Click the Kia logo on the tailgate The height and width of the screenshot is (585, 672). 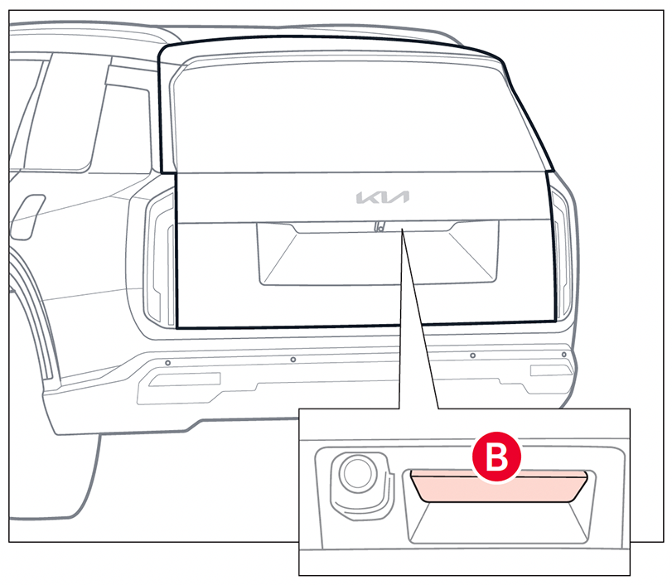(x=383, y=197)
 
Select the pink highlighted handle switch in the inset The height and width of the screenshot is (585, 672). (x=500, y=487)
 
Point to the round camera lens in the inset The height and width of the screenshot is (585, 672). (x=357, y=474)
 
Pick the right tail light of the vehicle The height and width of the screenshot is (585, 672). (x=563, y=257)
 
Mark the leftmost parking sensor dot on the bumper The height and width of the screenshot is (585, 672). (x=167, y=363)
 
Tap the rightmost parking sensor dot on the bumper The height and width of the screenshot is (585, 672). (x=563, y=355)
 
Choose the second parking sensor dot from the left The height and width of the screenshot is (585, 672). (x=293, y=360)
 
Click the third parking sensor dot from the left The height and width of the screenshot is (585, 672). (x=472, y=355)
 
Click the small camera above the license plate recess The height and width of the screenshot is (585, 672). (x=378, y=225)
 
